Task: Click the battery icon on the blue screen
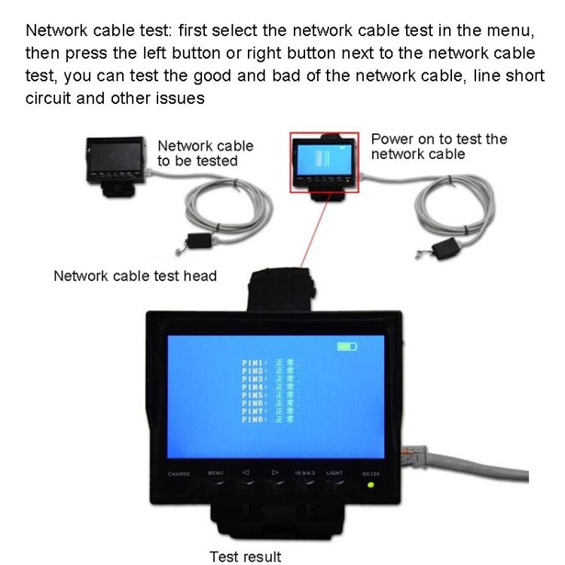point(347,347)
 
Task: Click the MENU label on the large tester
point(216,473)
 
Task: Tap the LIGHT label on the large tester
point(334,473)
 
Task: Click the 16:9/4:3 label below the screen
point(305,473)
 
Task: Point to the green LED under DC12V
point(371,484)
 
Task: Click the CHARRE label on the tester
point(179,474)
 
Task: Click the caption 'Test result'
point(245,557)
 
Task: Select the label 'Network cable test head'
point(135,276)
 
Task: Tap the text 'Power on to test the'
point(439,139)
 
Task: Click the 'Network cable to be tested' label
point(205,153)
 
